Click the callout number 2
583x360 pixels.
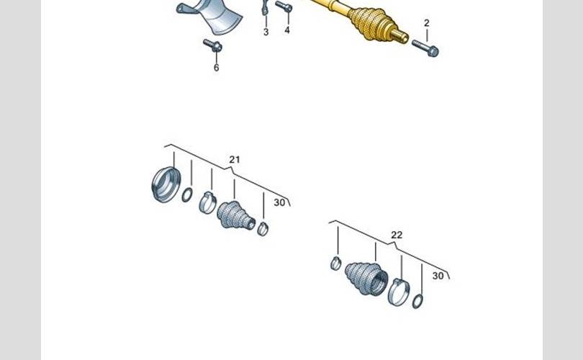427,23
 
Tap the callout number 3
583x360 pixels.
266,32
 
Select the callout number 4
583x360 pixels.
287,30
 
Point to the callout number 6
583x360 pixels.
217,68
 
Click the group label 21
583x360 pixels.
235,160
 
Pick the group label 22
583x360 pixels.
397,235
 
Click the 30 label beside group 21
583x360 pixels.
279,202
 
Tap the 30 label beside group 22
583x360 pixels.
438,276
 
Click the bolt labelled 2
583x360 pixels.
425,48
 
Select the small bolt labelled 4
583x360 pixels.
284,6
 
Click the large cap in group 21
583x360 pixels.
166,184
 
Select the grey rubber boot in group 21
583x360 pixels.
236,215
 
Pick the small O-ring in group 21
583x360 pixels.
187,195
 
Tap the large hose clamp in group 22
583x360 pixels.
399,292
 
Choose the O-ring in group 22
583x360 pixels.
417,301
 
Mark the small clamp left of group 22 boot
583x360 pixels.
335,264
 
